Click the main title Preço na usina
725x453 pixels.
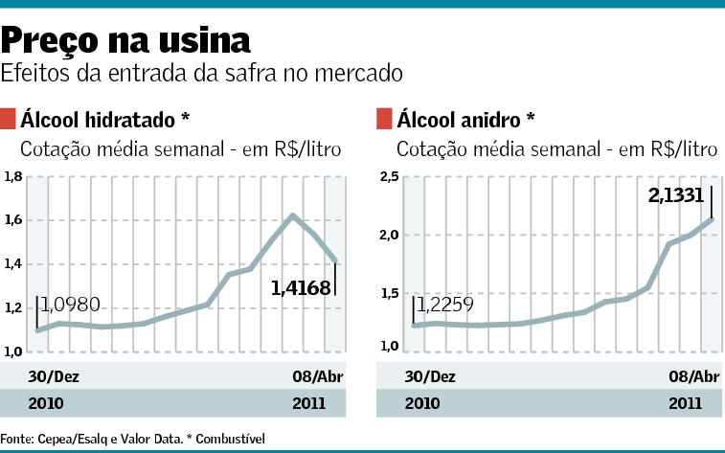[x=125, y=39]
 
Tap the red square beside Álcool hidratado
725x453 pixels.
[x=10, y=119]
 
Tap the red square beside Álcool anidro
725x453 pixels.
[x=384, y=119]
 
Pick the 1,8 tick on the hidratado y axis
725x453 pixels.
[x=12, y=176]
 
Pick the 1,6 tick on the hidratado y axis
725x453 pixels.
[x=12, y=220]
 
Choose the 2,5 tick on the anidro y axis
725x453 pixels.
[x=388, y=176]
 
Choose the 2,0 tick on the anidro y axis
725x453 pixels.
[x=388, y=235]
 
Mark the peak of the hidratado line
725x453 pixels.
[x=293, y=215]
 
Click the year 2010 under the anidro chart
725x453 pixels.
[x=421, y=403]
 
